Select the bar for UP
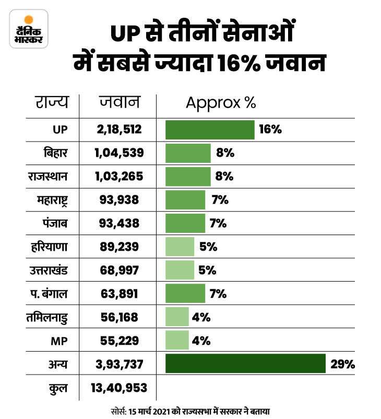pos(210,130)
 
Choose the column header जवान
pos(120,102)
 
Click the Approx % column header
pos(221,102)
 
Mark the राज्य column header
pos(52,102)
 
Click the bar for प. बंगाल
pos(185,294)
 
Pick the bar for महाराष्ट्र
pos(185,200)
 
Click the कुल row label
pos(58,388)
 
